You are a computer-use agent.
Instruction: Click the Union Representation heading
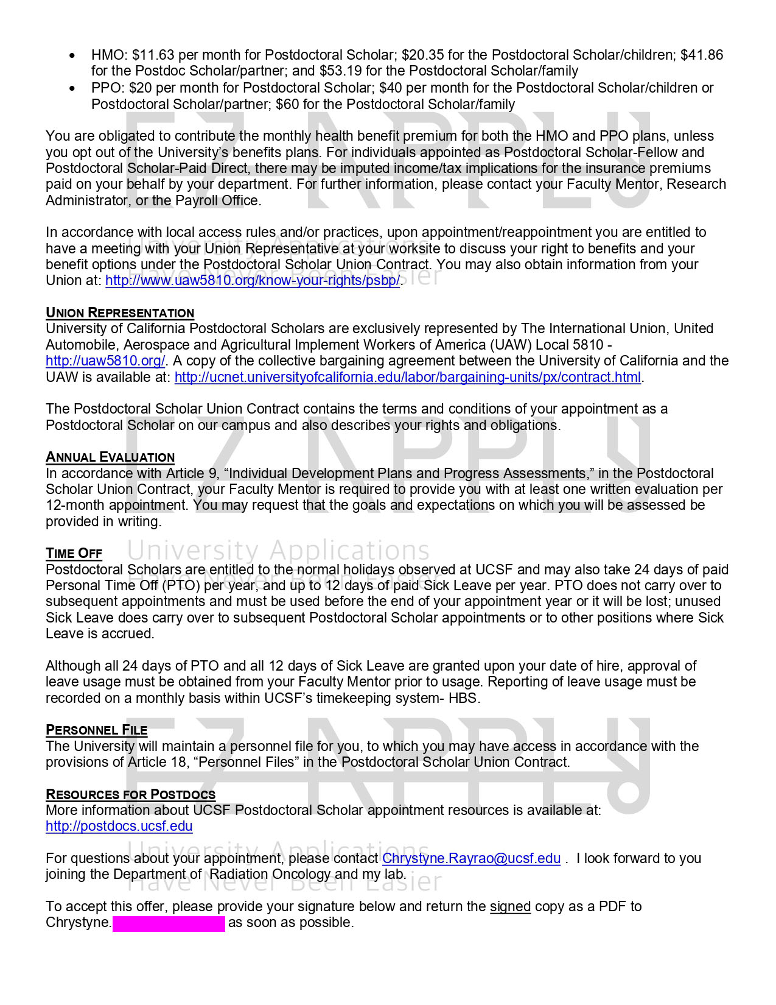(120, 313)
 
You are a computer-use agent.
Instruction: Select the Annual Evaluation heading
(110, 457)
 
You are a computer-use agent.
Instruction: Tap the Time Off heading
(74, 554)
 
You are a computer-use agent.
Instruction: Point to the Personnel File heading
(96, 730)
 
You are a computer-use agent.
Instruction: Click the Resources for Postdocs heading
(130, 794)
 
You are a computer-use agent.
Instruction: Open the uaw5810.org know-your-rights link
(253, 281)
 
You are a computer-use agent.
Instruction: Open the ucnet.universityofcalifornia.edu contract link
(407, 378)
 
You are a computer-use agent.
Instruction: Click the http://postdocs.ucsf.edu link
(119, 827)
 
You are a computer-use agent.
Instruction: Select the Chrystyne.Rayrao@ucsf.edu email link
(471, 859)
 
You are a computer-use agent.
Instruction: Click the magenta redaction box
(169, 923)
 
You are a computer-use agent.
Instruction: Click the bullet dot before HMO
(73, 55)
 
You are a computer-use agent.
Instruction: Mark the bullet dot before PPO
(73, 88)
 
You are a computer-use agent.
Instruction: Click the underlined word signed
(510, 907)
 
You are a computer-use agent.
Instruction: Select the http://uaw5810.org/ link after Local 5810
(105, 361)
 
